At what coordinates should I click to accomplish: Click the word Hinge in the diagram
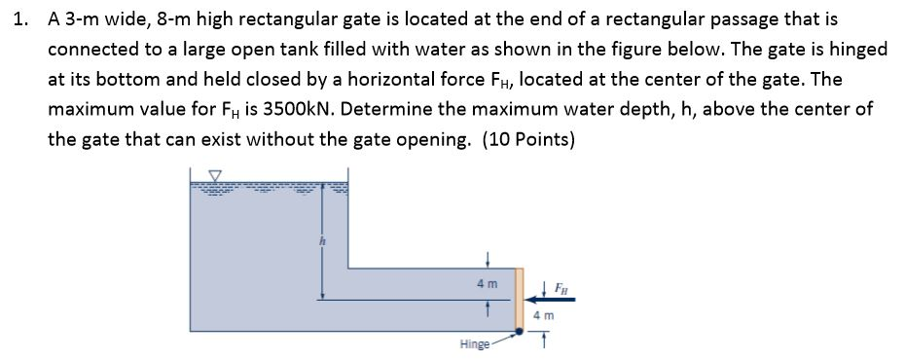click(473, 344)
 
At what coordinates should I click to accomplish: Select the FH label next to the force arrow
click(562, 289)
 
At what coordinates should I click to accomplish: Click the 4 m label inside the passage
click(487, 283)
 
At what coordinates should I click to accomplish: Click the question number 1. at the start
click(24, 18)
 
